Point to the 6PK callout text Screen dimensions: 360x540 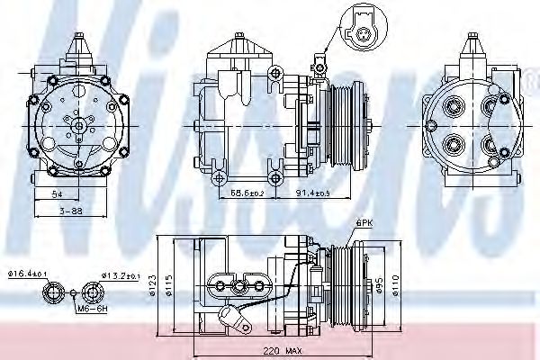click(x=364, y=221)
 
